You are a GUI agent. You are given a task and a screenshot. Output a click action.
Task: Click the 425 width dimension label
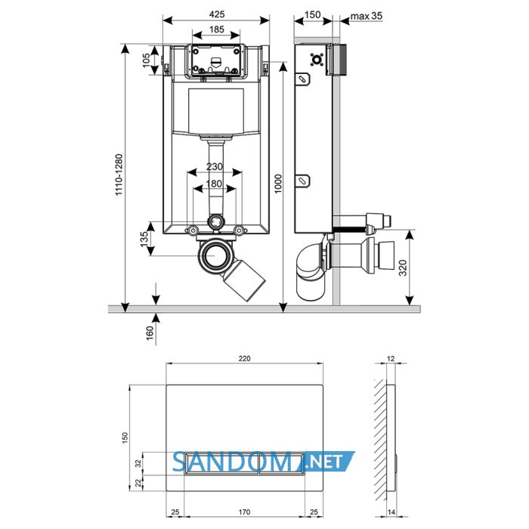point(217,14)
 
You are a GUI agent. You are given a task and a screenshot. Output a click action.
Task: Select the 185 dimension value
point(217,29)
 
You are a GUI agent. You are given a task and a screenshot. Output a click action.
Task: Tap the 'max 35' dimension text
point(367,16)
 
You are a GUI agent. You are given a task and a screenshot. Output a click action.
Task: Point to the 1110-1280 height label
point(119,175)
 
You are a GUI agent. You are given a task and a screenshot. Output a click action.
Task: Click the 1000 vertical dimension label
point(277,184)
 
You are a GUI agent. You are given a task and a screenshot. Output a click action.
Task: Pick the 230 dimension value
point(215,167)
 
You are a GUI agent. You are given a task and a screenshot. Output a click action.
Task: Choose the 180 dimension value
point(214,184)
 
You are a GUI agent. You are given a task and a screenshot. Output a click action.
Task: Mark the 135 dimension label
point(144,239)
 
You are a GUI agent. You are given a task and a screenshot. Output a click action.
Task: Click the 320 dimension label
point(403,268)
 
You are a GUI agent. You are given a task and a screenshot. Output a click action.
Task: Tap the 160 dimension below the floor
point(150,333)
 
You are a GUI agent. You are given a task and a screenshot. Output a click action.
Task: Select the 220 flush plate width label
point(244,359)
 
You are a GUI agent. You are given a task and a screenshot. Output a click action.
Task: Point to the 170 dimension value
point(244,512)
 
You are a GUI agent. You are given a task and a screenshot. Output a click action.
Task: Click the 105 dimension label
point(146,60)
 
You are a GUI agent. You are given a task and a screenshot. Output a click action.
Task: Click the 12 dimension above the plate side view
point(391,359)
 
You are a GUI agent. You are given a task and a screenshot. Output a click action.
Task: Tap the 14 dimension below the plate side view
point(391,512)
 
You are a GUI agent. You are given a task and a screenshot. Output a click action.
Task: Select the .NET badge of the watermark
point(326,461)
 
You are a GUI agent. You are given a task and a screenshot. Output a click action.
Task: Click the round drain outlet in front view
point(214,255)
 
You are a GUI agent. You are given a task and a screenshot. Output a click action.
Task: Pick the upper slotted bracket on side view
point(302,79)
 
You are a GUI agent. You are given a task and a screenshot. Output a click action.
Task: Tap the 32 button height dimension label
point(138,463)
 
